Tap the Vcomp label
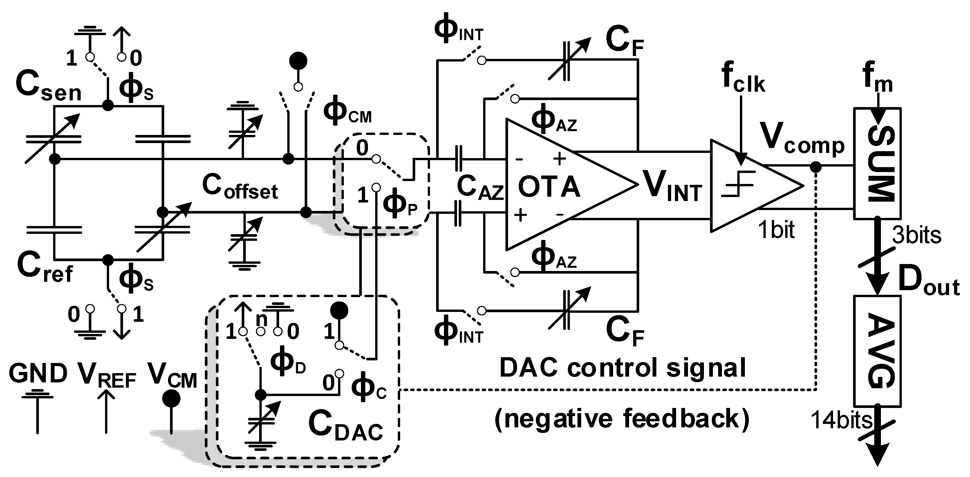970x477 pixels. click(802, 142)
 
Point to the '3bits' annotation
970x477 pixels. click(916, 235)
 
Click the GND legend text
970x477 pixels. click(38, 374)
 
